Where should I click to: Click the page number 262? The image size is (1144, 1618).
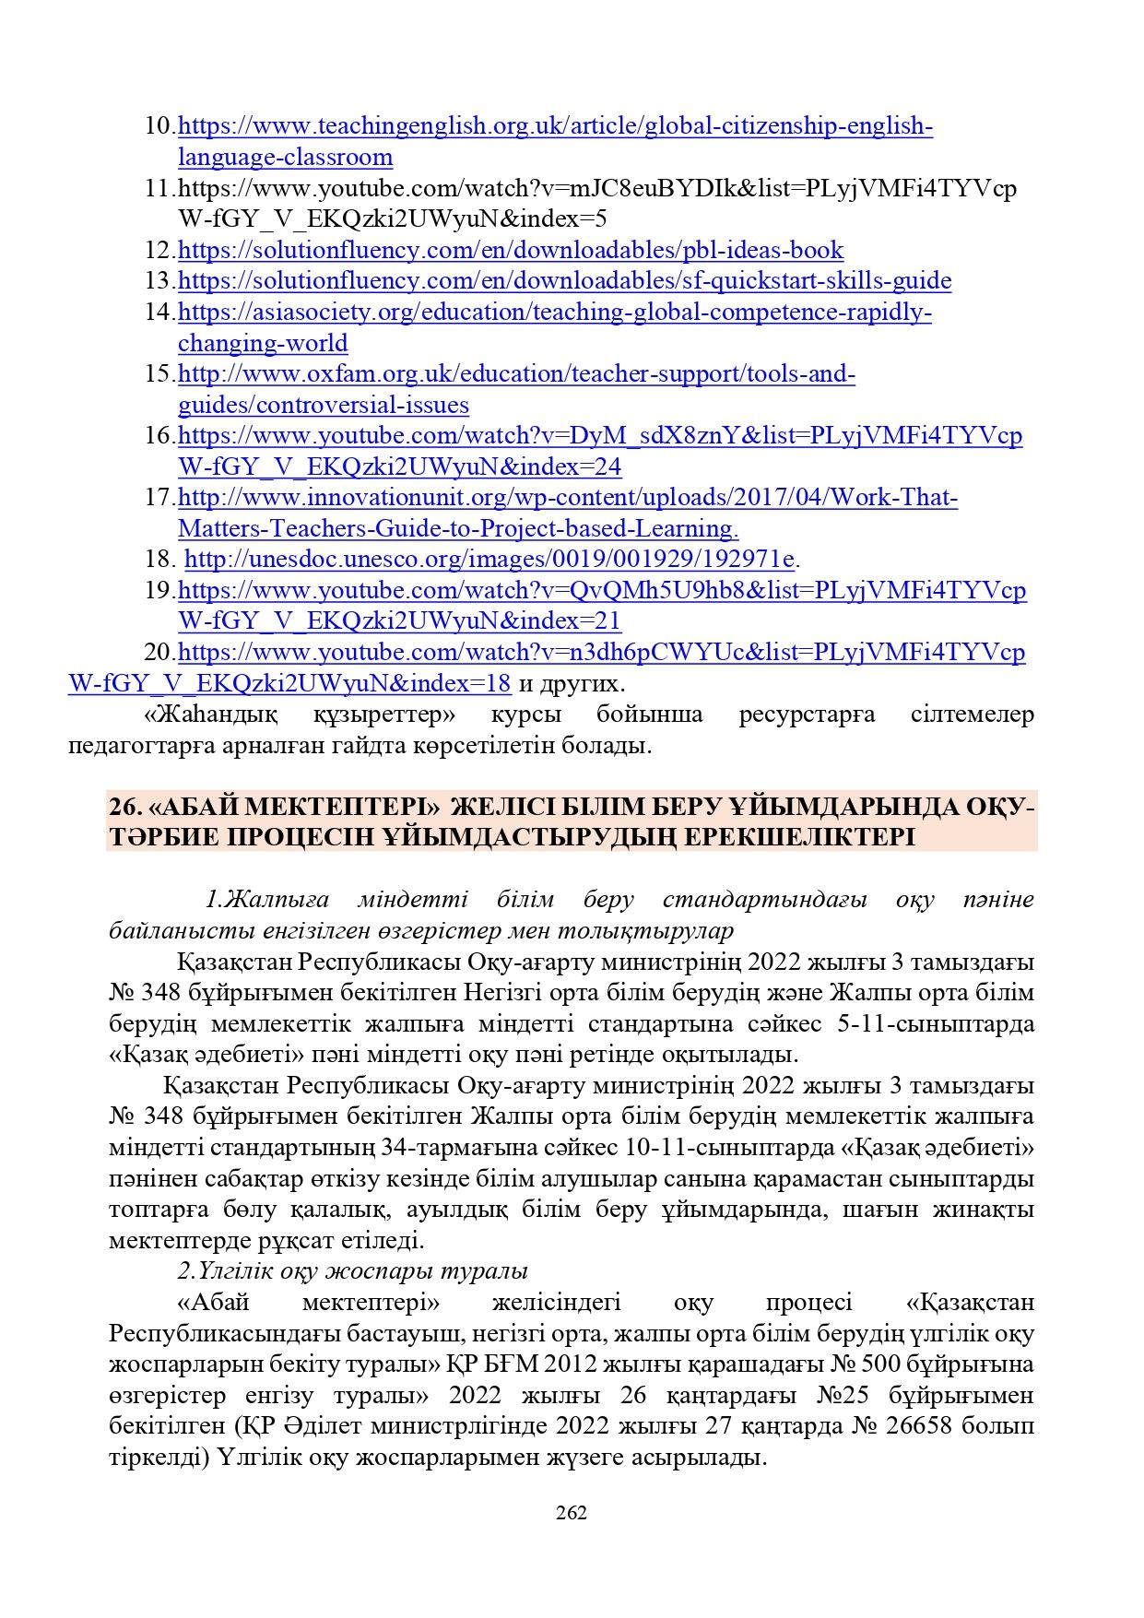point(572,1513)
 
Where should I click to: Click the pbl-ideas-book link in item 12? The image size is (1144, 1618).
point(510,250)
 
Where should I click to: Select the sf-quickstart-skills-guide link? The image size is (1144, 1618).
point(564,280)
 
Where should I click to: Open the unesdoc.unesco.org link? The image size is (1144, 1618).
point(489,559)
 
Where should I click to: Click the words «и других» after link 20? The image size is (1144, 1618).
point(572,684)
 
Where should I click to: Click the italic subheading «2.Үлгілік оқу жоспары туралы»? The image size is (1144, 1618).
point(352,1270)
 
